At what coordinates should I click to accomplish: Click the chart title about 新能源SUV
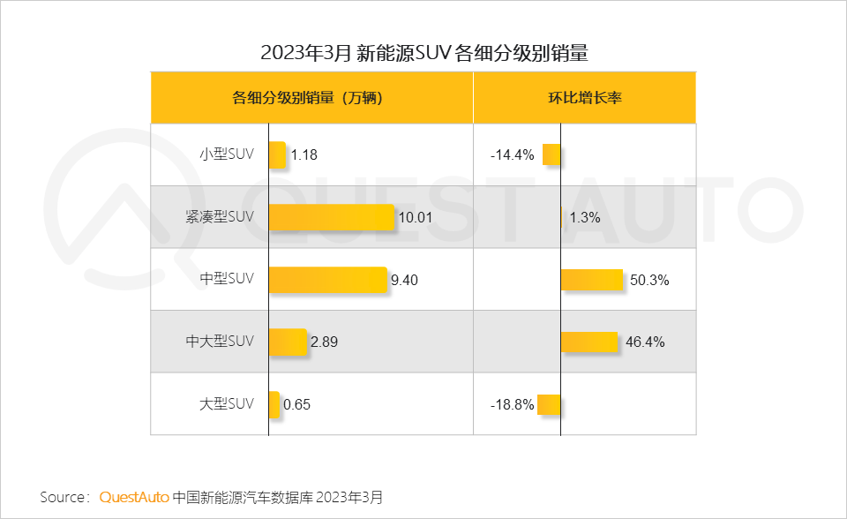pyautogui.click(x=423, y=53)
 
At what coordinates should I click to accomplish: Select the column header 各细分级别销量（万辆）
pyautogui.click(x=311, y=98)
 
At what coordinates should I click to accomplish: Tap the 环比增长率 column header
pyautogui.click(x=585, y=98)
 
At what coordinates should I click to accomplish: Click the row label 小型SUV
pyautogui.click(x=227, y=154)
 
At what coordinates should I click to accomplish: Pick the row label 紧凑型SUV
pyautogui.click(x=220, y=216)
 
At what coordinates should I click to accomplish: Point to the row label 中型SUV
pyautogui.click(x=227, y=279)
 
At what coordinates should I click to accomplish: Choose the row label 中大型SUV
pyautogui.click(x=220, y=341)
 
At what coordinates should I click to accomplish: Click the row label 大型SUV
pyautogui.click(x=227, y=403)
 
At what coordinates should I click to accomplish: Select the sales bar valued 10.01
pyautogui.click(x=331, y=217)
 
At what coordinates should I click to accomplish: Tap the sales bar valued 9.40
pyautogui.click(x=327, y=280)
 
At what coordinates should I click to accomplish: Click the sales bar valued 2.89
pyautogui.click(x=287, y=342)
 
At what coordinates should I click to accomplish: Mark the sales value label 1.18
pyautogui.click(x=304, y=155)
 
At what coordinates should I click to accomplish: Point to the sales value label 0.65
pyautogui.click(x=297, y=405)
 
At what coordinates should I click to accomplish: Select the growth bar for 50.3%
pyautogui.click(x=592, y=280)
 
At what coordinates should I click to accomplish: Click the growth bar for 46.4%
pyautogui.click(x=588, y=342)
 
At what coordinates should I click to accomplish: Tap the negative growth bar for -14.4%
pyautogui.click(x=551, y=154)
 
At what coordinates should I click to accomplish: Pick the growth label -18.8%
pyautogui.click(x=513, y=405)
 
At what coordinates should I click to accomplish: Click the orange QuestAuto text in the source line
pyautogui.click(x=134, y=497)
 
